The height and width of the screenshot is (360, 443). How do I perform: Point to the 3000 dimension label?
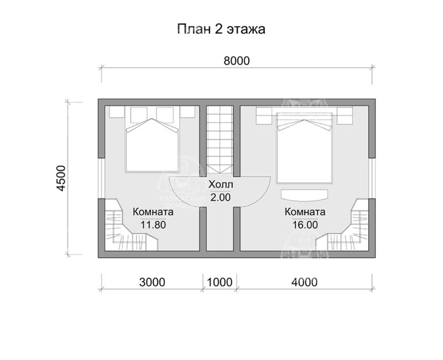point(152,282)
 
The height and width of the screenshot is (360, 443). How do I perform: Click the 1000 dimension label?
point(219,282)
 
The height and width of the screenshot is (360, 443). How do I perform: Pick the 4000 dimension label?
point(304,282)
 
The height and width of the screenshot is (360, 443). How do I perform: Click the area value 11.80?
point(153,225)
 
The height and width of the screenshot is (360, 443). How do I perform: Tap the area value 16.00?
point(305,225)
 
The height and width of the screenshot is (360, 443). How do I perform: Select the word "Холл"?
point(220,185)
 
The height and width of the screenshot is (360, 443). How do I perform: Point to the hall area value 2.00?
point(220,197)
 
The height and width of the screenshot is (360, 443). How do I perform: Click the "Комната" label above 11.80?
point(153,212)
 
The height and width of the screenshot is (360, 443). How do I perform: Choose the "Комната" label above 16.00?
point(305,212)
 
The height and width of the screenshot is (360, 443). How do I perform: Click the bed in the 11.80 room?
point(152,141)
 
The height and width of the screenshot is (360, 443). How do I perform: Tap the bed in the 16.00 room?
point(305,147)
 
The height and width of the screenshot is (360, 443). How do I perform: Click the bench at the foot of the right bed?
point(305,194)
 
